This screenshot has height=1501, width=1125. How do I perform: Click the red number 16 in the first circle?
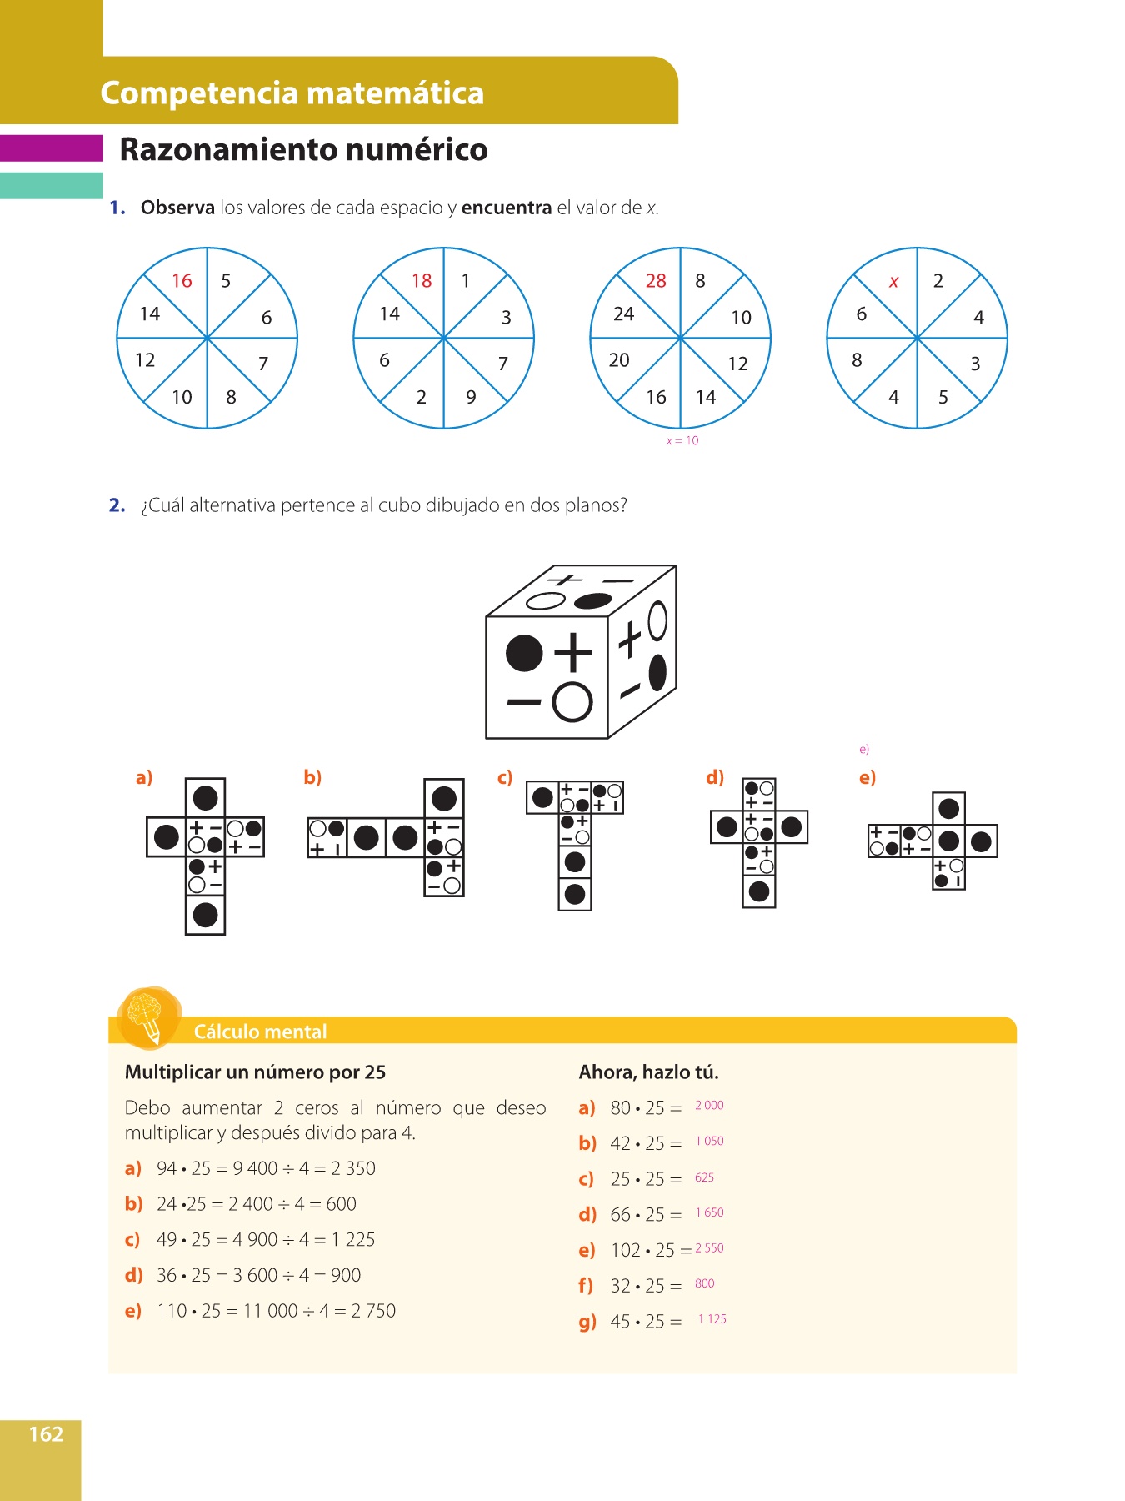182,281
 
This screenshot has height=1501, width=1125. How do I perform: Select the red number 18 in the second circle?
422,281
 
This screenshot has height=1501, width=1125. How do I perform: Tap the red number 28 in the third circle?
656,281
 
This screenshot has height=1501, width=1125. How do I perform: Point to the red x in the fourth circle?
894,282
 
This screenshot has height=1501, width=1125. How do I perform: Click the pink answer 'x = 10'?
682,441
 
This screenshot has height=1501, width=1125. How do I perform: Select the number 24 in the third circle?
623,314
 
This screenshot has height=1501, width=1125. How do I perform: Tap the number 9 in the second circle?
471,397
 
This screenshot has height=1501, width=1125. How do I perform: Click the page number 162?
46,1434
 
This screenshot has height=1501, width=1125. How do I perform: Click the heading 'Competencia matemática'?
292,93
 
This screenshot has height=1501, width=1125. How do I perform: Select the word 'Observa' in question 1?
177,208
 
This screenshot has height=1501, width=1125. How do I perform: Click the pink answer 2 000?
709,1106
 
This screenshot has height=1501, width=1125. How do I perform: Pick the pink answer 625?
704,1178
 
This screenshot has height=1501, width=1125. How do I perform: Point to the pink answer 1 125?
712,1319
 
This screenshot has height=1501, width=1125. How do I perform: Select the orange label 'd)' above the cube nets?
714,777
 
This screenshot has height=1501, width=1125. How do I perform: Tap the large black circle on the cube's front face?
524,653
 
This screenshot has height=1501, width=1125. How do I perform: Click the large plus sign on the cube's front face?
573,652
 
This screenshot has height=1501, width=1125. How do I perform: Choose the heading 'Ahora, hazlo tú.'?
648,1072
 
